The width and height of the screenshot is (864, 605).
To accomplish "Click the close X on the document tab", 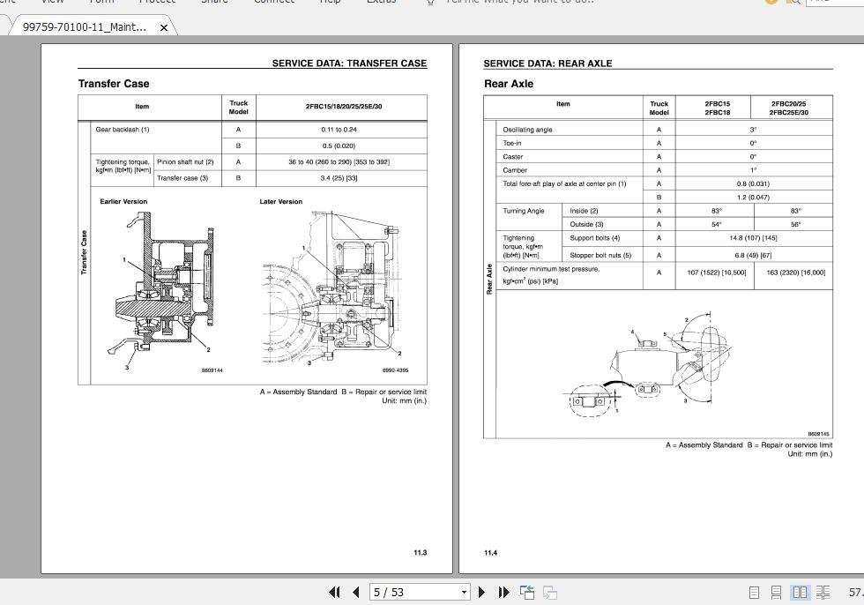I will pos(164,27).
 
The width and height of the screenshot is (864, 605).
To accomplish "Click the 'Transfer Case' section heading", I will pos(114,84).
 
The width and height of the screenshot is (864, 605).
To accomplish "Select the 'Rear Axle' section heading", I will pos(509,84).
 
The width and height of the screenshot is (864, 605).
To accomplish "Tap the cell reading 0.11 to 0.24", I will pos(339,130).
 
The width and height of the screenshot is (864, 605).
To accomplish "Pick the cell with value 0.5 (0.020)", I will pos(339,146).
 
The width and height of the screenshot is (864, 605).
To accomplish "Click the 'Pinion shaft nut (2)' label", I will pos(185,162).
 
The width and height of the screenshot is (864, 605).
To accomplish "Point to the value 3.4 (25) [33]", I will pos(339,178).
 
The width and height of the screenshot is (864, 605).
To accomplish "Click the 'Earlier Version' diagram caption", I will pos(123,202).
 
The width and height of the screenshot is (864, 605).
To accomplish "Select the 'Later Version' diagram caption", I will pos(280,202).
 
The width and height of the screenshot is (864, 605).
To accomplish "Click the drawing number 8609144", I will pos(212,370).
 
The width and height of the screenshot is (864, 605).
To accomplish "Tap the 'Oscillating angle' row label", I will pos(527,130).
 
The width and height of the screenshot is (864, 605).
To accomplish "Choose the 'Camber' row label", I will pos(515,170).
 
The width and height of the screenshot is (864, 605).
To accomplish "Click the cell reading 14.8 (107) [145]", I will pos(753,238).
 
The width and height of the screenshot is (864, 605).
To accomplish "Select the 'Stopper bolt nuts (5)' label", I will pos(600,256).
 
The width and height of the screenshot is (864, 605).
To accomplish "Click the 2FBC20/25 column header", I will pos(788,104).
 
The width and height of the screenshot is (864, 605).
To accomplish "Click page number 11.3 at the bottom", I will pos(420,553).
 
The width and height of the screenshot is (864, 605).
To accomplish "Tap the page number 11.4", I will pos(490,553).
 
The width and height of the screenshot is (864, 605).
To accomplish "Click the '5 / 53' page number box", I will pos(414,592).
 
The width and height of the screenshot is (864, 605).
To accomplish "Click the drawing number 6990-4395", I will pos(395,370).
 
